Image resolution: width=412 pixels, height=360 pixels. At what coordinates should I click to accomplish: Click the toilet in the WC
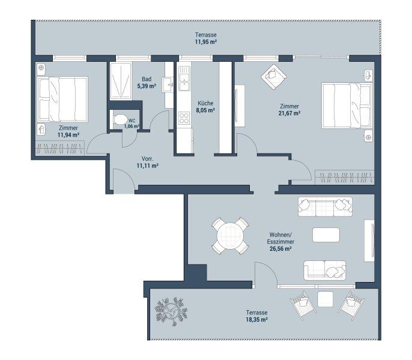tap(120, 120)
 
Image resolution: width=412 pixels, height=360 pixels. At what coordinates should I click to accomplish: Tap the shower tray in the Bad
tap(121, 81)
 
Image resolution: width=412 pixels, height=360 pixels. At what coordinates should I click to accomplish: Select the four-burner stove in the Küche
tap(184, 118)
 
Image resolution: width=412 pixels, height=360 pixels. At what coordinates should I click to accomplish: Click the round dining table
tap(230, 236)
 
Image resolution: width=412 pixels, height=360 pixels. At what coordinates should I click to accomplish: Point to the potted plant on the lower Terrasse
tap(171, 311)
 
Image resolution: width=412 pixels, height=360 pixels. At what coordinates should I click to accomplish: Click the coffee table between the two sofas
tap(326, 235)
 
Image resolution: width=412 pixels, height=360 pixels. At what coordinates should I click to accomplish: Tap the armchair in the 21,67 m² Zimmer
tap(273, 77)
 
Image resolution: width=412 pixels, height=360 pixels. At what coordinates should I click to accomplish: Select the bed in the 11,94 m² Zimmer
tap(62, 99)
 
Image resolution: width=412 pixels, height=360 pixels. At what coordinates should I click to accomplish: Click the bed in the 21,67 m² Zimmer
tap(347, 106)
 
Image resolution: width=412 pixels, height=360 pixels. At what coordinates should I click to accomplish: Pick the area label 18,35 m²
tap(256, 320)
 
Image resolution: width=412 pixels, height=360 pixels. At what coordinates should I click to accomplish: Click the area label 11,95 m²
tap(206, 42)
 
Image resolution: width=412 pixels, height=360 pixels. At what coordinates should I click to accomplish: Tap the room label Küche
tap(205, 103)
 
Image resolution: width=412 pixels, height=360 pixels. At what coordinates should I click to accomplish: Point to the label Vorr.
tap(147, 158)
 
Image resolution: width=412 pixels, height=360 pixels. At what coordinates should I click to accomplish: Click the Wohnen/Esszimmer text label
tap(280, 238)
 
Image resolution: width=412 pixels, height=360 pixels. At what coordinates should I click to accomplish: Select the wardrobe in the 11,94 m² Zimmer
tap(60, 148)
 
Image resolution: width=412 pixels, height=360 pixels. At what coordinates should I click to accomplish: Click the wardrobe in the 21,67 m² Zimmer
tap(345, 177)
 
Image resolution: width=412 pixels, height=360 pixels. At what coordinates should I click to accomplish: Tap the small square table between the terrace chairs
tap(326, 299)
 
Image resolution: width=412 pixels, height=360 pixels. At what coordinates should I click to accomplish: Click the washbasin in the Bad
tap(168, 85)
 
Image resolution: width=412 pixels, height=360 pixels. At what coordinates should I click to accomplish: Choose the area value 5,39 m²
tap(147, 86)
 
